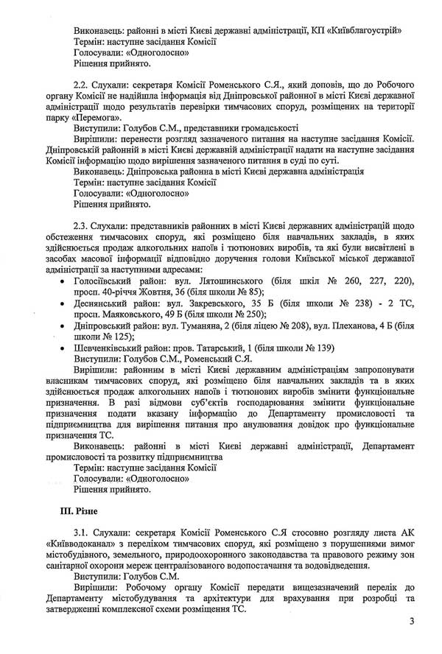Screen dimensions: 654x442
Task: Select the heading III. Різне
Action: click(x=74, y=509)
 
